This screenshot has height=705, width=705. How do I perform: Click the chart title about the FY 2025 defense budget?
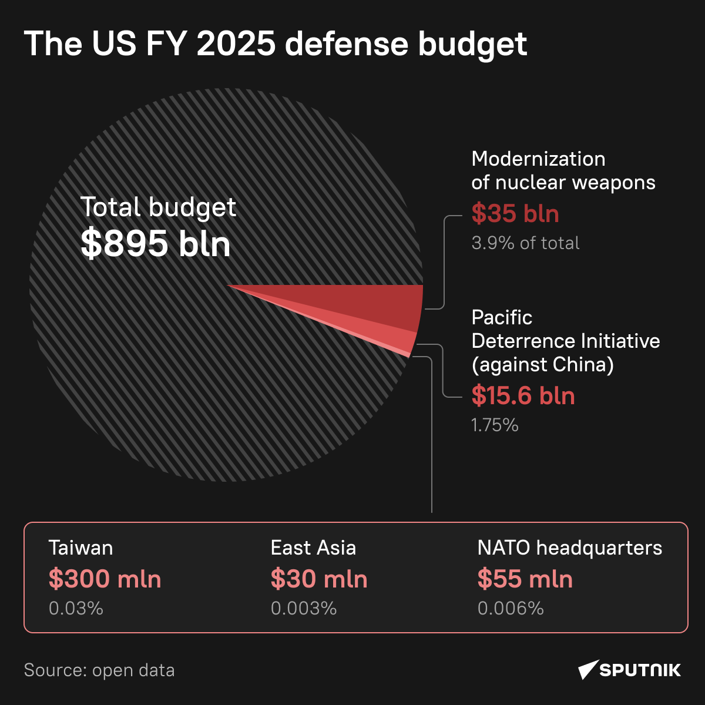coord(275,44)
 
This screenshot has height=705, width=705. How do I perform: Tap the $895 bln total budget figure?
coord(155,243)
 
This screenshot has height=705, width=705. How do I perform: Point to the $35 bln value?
coord(515,214)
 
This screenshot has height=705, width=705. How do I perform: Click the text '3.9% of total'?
coord(525,243)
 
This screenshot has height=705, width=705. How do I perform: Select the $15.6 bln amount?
coord(523,396)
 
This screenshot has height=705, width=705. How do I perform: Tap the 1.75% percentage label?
coord(495,425)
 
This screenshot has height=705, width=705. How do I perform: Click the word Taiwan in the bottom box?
coord(80,548)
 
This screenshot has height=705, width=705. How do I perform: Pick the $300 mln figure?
coord(105,579)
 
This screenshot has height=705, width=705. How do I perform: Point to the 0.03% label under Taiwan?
coord(76,608)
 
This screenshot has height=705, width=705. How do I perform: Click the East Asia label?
coord(313,548)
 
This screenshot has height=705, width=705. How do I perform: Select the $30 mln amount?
coord(319,579)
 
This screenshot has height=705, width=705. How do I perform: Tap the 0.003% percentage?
coord(304,608)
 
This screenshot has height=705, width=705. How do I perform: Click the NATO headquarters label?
coord(569,548)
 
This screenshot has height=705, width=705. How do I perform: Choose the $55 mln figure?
coord(525,579)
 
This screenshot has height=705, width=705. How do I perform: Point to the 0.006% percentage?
coord(511,608)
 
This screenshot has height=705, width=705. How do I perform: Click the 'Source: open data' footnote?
coord(99,670)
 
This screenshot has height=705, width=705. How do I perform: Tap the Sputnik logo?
coord(629,670)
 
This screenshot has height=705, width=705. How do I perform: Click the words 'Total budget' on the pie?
coord(158,207)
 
